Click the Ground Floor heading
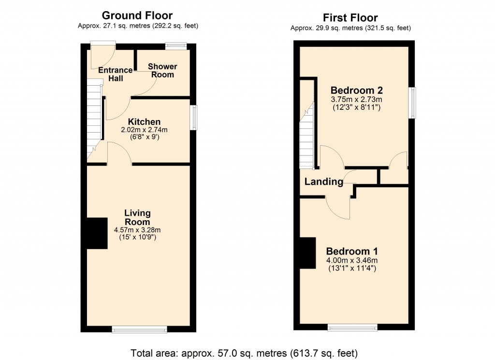point(138,16)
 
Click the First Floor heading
point(351,18)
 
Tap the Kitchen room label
point(144,122)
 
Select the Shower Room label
point(162,71)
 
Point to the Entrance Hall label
point(115,74)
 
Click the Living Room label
point(138,217)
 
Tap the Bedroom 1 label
point(351,252)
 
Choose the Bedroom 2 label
point(356,90)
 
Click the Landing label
point(324,182)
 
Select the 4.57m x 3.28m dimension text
point(138,230)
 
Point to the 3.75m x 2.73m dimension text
point(356,100)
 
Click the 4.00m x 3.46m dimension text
point(351,260)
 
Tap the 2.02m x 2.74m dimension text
point(144,130)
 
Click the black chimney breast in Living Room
point(97,233)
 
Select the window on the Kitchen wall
point(194,118)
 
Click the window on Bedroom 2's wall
point(412,103)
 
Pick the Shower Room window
point(176,46)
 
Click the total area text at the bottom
point(244,353)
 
